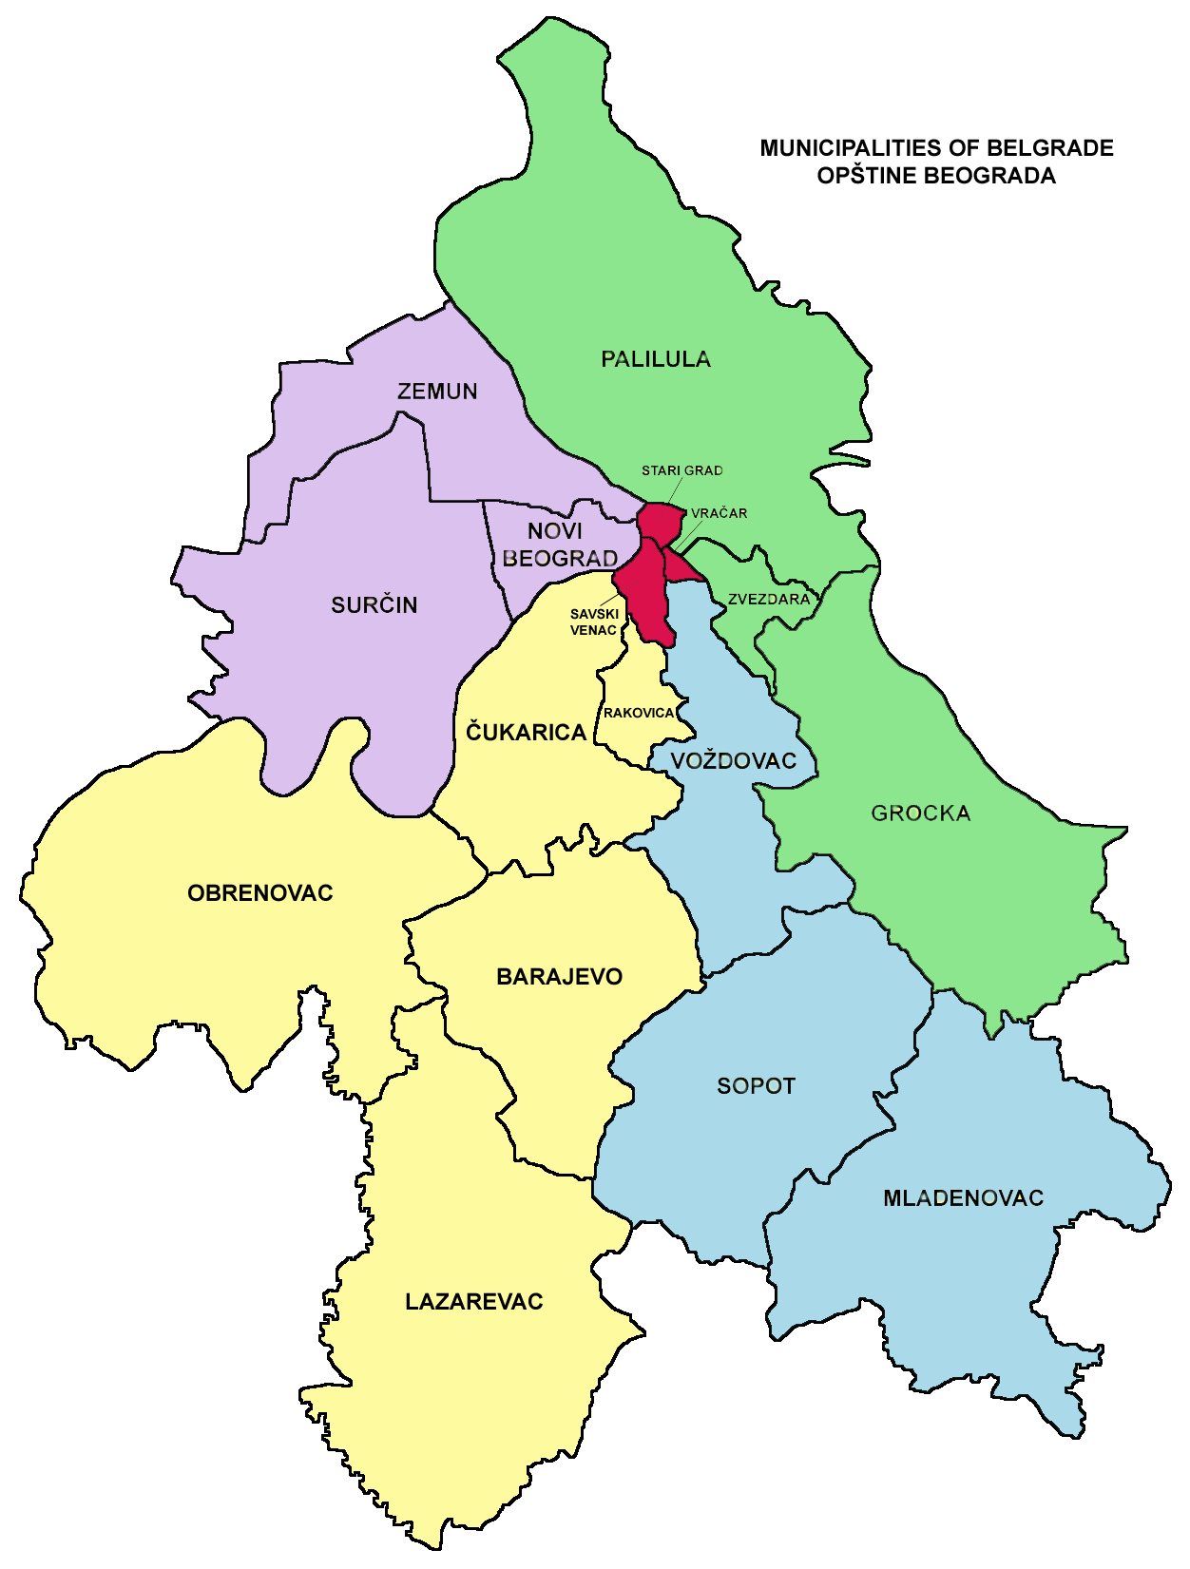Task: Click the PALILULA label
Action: (x=656, y=359)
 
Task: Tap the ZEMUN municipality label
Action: (x=437, y=392)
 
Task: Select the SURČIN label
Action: (x=374, y=605)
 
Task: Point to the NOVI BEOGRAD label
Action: (x=559, y=545)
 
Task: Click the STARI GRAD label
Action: (x=681, y=470)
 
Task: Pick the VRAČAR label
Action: (x=720, y=513)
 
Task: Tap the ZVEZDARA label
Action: (x=769, y=600)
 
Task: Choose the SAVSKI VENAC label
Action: (x=594, y=622)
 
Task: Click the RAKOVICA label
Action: (x=639, y=713)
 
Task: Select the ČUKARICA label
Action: (x=526, y=732)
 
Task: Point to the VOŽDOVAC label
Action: (x=734, y=760)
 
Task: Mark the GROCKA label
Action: (x=921, y=813)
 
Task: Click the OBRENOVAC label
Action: (x=260, y=893)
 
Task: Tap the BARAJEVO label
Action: (x=560, y=977)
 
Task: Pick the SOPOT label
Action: (x=756, y=1086)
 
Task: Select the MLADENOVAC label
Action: (x=964, y=1198)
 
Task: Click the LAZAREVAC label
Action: (x=474, y=1302)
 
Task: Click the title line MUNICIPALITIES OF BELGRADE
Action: (x=936, y=148)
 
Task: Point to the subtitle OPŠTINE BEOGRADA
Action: (x=936, y=176)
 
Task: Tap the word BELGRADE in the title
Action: (x=1050, y=148)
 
